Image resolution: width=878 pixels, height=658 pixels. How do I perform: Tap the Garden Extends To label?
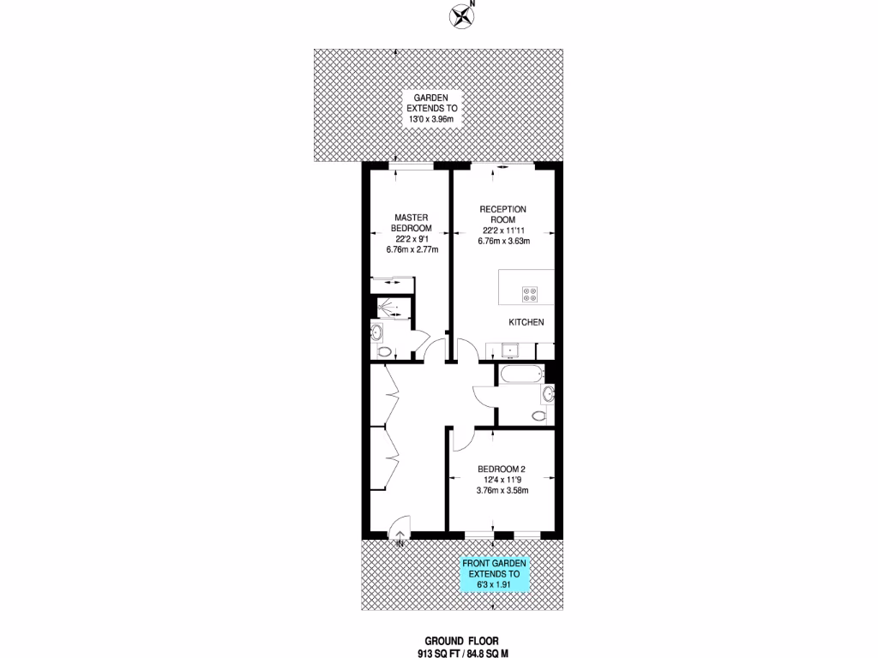[433, 110]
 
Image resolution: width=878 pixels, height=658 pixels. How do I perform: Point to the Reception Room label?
[502, 215]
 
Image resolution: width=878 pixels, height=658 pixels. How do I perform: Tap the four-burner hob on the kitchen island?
[530, 294]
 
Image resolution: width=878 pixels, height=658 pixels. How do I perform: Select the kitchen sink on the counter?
[511, 350]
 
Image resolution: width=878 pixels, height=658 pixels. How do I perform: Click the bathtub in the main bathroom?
[520, 373]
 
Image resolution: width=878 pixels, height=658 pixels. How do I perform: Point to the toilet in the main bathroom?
[538, 416]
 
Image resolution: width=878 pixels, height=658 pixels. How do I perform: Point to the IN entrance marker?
[400, 542]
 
